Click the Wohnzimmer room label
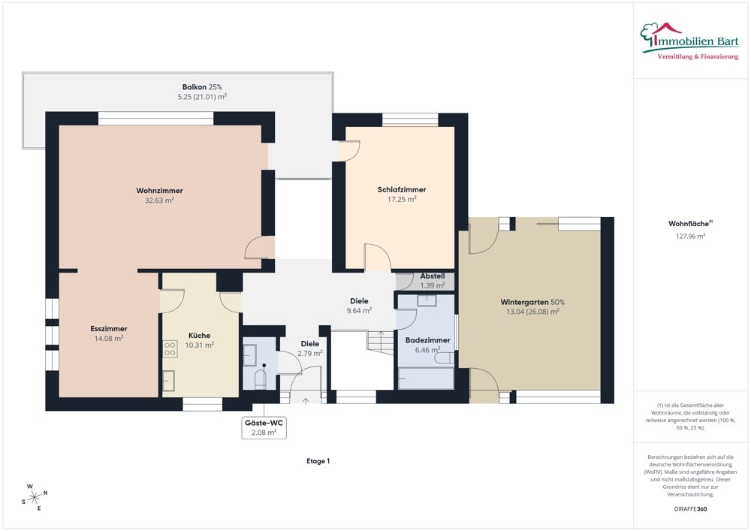pos(159,191)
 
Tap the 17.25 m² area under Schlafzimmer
pos(402,199)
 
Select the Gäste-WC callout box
pos(264,427)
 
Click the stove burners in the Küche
pos(170,348)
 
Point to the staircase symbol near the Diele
pos(381,342)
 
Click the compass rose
pos(35,498)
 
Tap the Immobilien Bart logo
pos(689,41)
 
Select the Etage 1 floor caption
pos(318,461)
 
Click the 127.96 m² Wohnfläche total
pos(691,236)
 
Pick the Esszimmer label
pos(109,329)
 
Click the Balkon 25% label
pos(202,87)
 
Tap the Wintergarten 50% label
pos(532,302)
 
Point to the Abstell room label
pos(433,276)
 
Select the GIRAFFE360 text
pos(690,509)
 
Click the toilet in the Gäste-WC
pos(261,379)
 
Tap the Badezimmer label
pos(428,340)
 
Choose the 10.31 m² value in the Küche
pos(199,345)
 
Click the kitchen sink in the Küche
pos(168,381)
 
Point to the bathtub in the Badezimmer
pos(426,379)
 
